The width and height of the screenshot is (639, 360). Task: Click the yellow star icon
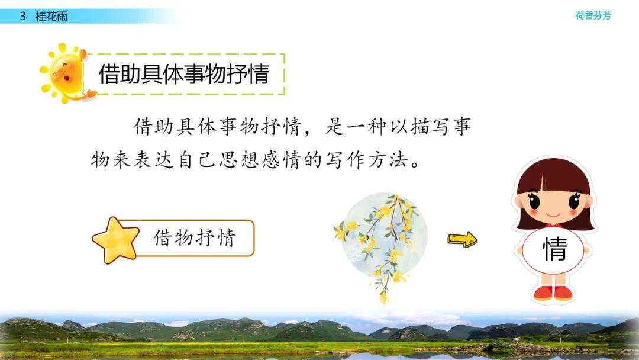tap(116, 240)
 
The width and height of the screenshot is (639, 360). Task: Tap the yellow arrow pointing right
tap(463, 239)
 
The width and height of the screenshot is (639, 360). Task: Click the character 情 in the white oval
tap(554, 249)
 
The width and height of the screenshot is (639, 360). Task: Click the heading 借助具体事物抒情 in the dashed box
tap(184, 74)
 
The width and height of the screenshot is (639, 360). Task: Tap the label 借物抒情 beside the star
tap(195, 237)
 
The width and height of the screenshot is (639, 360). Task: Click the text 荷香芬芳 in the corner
tap(593, 15)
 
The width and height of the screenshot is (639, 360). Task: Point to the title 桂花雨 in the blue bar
tap(51, 17)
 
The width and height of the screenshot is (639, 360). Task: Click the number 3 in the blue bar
tap(23, 17)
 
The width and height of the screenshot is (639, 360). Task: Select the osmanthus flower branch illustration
tap(381, 245)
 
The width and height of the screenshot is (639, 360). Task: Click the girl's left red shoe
tap(543, 293)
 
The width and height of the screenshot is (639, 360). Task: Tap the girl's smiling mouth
tap(553, 215)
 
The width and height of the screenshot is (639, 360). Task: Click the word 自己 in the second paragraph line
tap(197, 160)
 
